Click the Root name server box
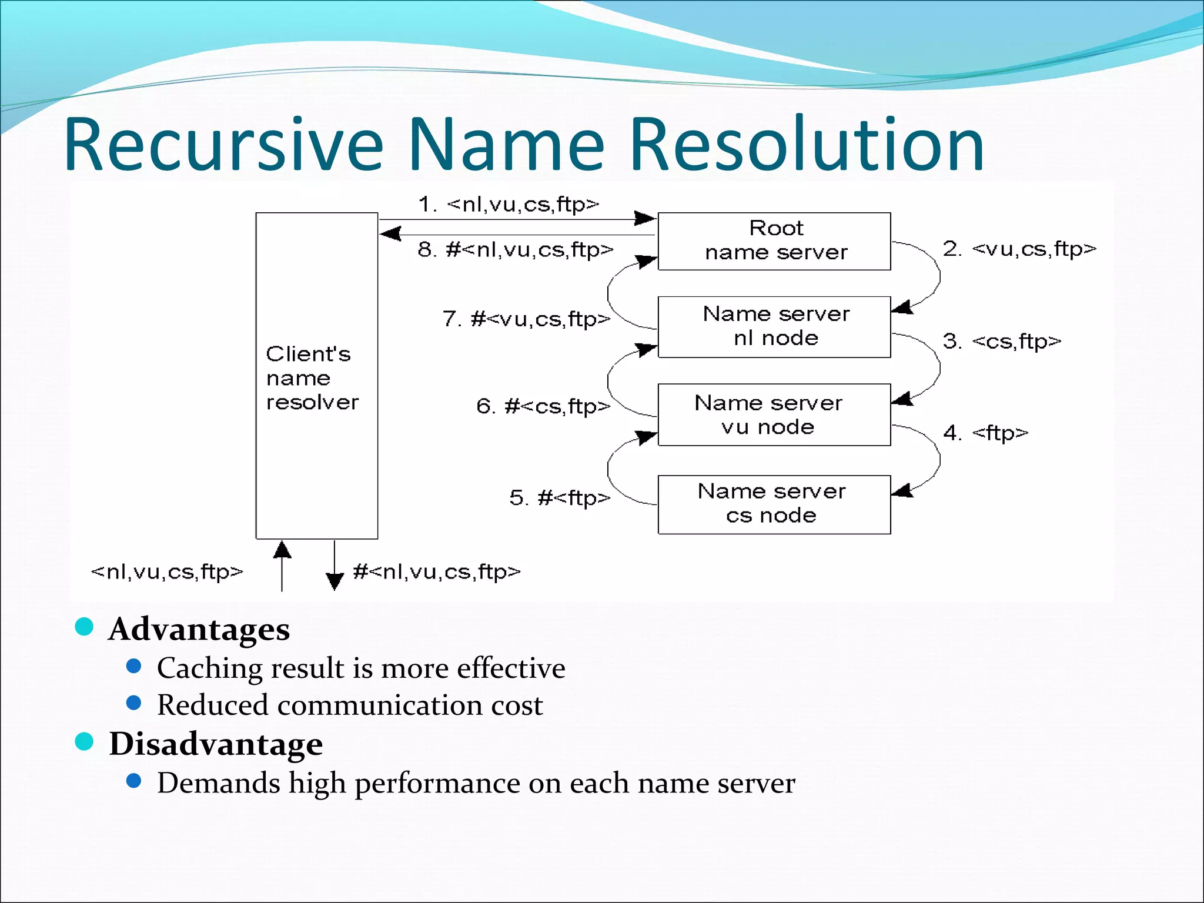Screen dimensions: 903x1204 click(774, 241)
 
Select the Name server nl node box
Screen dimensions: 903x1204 click(774, 327)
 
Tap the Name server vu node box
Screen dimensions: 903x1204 click(774, 414)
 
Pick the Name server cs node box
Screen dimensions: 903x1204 click(774, 504)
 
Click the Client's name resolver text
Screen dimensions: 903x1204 click(311, 378)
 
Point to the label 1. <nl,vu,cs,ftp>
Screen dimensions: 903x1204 click(509, 205)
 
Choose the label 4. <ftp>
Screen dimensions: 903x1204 click(986, 433)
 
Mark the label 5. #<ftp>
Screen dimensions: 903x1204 click(560, 498)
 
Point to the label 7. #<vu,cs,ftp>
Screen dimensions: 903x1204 click(527, 319)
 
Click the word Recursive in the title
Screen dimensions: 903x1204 click(223, 145)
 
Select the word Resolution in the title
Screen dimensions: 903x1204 click(807, 145)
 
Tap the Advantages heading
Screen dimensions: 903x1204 click(199, 629)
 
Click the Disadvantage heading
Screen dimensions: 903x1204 click(216, 744)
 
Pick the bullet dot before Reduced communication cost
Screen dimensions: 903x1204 click(134, 703)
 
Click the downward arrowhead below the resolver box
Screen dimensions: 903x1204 click(335, 581)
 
